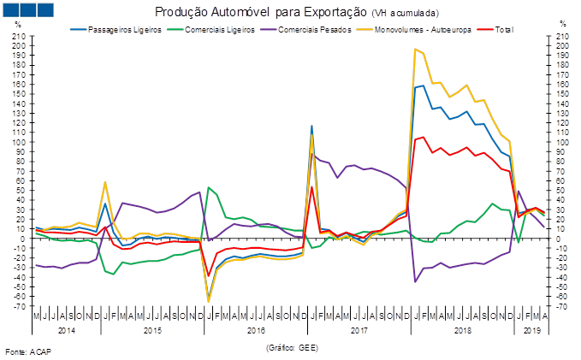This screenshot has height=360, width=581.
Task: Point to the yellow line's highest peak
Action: point(415,49)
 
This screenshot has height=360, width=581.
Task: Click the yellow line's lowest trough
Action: point(208,301)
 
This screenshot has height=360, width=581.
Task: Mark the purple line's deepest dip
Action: point(415,281)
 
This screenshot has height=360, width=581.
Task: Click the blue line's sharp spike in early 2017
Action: point(311,126)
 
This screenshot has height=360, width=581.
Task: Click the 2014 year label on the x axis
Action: point(66,328)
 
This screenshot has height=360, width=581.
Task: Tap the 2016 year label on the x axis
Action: point(255,328)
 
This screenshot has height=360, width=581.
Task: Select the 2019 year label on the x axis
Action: point(530,328)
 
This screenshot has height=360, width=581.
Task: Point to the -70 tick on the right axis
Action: point(560,306)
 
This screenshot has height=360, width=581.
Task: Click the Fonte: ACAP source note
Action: point(28,351)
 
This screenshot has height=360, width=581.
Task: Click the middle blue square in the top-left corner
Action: point(27,10)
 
